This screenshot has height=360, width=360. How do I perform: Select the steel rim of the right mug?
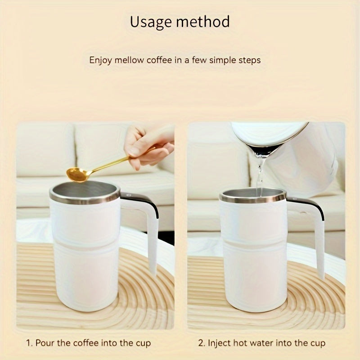tap(252, 198)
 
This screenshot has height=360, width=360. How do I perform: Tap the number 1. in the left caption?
tap(29, 343)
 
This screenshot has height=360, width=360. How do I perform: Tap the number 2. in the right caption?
tap(202, 343)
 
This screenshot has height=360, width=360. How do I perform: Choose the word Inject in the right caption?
tap(219, 343)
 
